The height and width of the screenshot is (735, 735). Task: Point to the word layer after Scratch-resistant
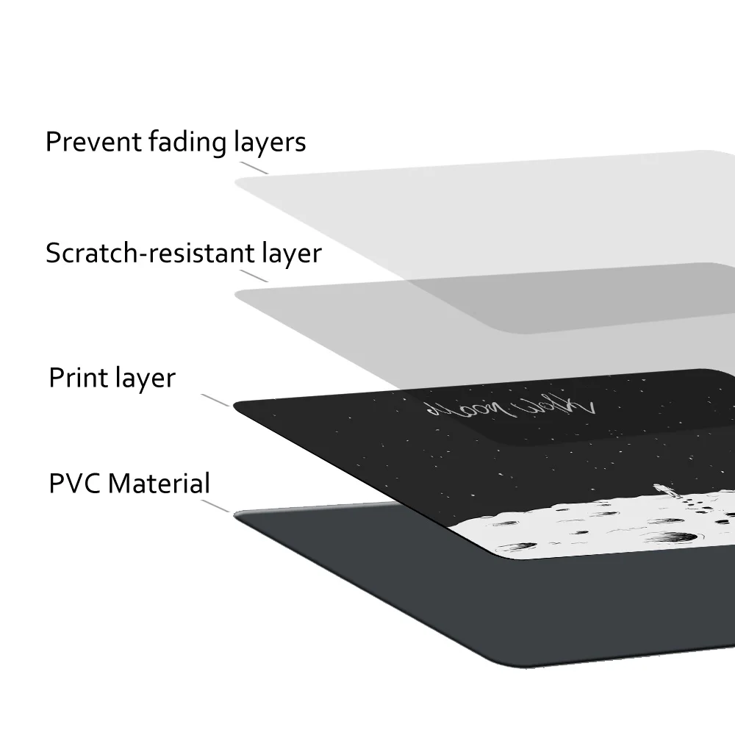[293, 254]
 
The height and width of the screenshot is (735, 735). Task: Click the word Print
[78, 378]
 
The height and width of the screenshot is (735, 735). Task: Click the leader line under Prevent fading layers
[254, 168]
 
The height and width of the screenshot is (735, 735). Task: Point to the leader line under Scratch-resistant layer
[254, 275]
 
